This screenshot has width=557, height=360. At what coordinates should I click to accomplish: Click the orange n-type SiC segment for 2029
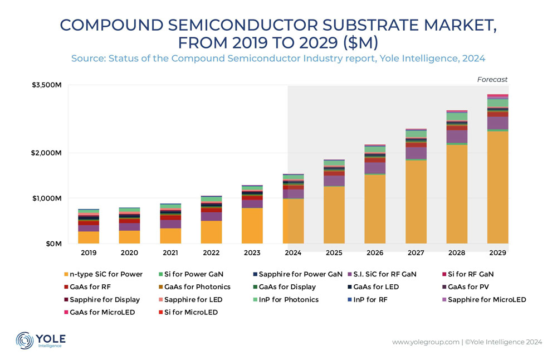click(497, 187)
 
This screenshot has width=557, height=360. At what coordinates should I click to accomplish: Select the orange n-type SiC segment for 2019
click(89, 237)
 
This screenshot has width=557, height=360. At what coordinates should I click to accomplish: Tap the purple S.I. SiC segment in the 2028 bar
click(457, 137)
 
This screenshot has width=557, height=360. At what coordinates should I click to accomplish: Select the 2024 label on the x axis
click(293, 252)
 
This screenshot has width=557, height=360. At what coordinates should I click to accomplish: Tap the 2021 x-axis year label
click(170, 252)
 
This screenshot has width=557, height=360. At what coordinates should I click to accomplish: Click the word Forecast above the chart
click(492, 80)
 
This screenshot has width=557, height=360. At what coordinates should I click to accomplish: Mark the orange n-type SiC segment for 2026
click(375, 209)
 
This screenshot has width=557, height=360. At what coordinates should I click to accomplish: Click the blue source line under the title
click(278, 58)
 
